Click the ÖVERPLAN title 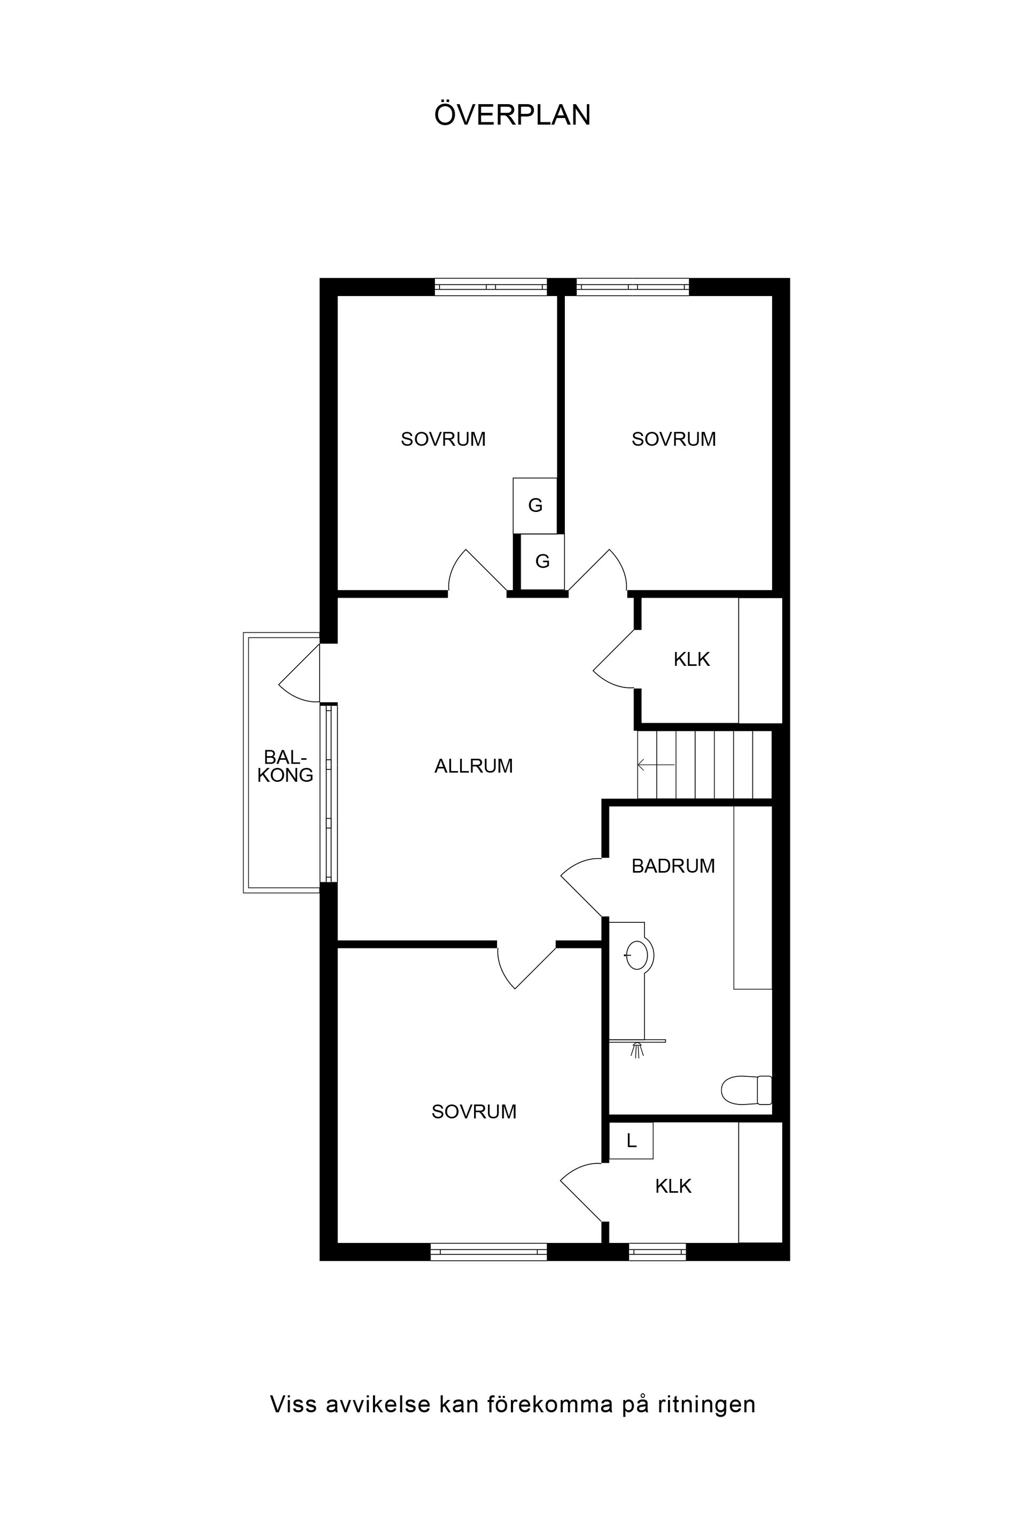click(512, 114)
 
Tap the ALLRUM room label click(474, 766)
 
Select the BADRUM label click(673, 866)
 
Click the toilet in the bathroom click(747, 1090)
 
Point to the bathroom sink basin click(636, 955)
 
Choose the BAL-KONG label click(285, 766)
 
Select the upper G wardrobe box click(535, 505)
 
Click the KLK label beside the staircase click(691, 659)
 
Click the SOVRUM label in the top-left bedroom click(443, 439)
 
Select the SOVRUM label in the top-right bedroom click(673, 439)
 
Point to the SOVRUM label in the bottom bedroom click(474, 1111)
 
